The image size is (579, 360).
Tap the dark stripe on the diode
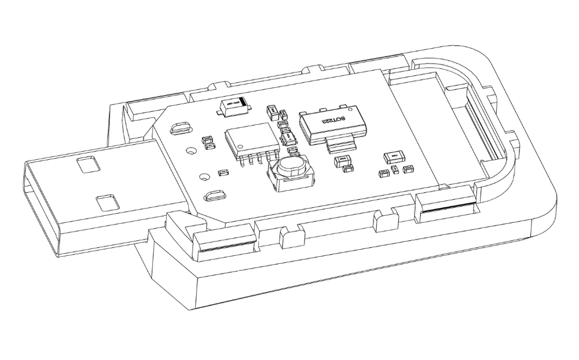coord(245,105)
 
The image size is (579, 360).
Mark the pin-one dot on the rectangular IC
coord(232,135)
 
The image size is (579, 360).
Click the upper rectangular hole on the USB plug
coord(87,164)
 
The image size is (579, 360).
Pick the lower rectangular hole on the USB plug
coord(108,202)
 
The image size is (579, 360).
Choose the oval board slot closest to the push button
coord(216,195)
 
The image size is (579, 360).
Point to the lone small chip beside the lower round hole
coord(222,172)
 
